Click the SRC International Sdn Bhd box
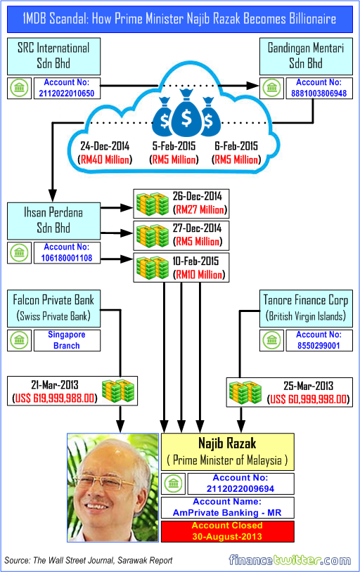tap(53, 56)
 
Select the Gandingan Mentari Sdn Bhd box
tap(306, 56)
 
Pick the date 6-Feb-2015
tap(237, 147)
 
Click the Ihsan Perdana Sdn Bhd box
tap(53, 221)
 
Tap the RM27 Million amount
tap(200, 209)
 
